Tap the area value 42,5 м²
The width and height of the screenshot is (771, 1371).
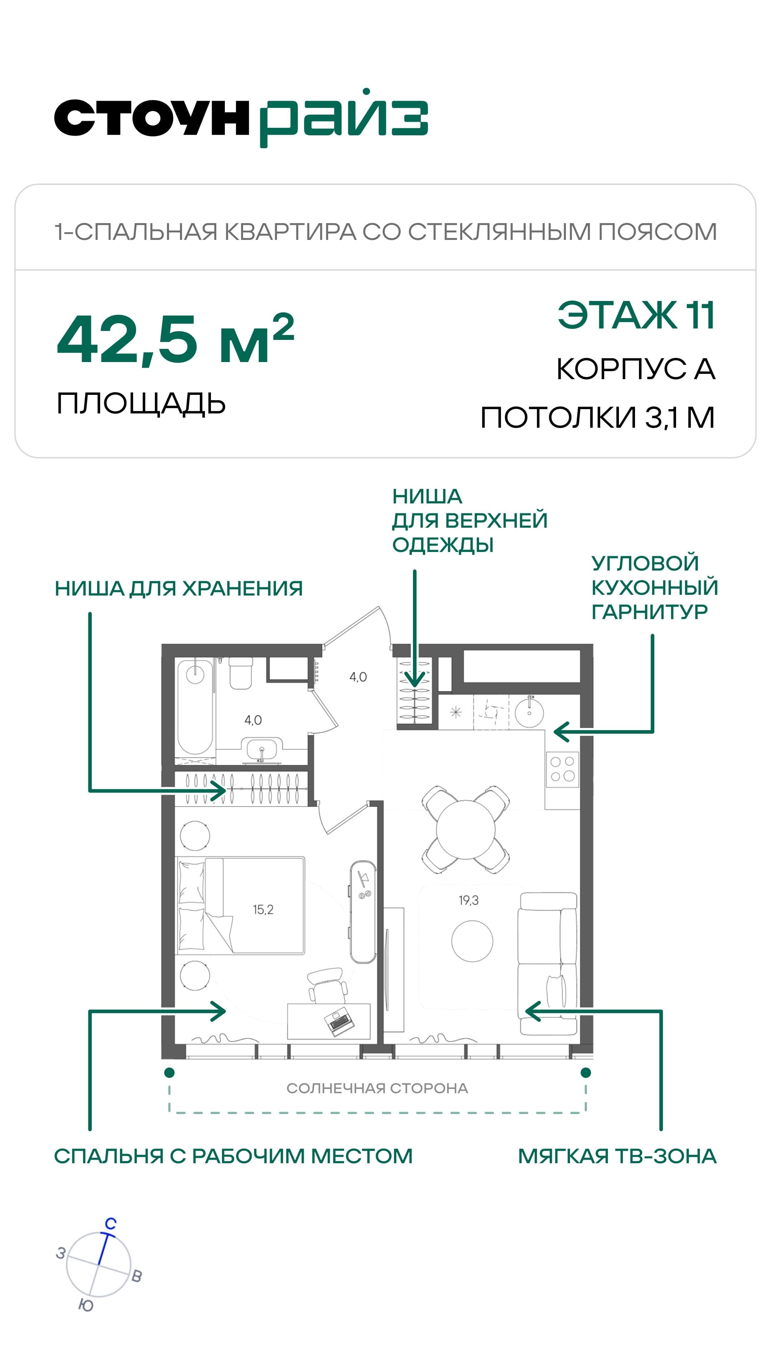tap(176, 339)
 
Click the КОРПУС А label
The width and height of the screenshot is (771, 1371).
tap(636, 368)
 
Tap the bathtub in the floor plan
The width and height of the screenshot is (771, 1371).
tap(195, 707)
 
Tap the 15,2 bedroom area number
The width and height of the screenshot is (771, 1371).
tap(263, 910)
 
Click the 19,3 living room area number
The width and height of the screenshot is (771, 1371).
tap(468, 900)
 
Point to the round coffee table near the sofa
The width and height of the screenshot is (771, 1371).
tap(472, 941)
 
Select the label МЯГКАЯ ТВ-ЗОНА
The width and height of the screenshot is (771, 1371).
tap(617, 1156)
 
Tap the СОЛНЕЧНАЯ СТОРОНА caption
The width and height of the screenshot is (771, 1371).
tap(377, 1088)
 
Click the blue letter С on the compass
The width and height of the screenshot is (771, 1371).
tap(110, 1224)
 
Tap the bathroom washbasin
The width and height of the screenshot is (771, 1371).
tap(261, 749)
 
